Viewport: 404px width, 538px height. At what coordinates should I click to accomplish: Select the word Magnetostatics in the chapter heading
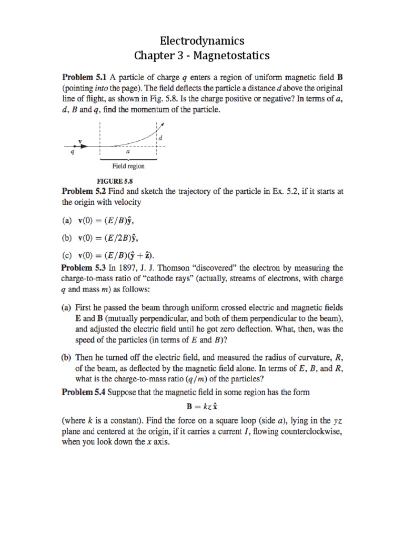[229, 55]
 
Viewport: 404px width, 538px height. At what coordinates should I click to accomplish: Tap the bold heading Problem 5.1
[86, 77]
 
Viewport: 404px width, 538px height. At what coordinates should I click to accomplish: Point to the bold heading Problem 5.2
[86, 192]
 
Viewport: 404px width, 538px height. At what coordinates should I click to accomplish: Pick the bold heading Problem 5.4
[86, 391]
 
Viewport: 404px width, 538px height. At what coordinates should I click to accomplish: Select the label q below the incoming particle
[73, 152]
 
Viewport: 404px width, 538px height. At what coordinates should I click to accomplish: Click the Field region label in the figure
[128, 166]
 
